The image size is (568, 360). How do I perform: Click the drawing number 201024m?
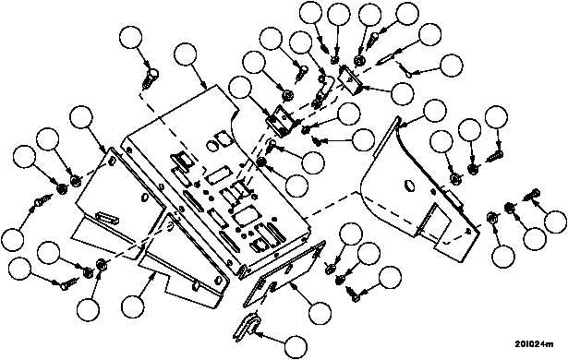[x=534, y=344]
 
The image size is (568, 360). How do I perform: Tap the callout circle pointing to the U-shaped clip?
[x=296, y=347]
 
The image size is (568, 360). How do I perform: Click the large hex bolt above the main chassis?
[x=151, y=78]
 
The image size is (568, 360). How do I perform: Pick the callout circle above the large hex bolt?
[x=131, y=38]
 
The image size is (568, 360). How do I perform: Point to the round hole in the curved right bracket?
[x=408, y=186]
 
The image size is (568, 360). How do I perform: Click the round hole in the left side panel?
[x=144, y=198]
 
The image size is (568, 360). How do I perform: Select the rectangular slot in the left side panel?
[x=107, y=219]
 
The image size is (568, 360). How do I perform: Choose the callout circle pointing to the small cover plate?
[x=320, y=312]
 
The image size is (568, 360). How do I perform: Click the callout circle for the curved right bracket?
[x=435, y=110]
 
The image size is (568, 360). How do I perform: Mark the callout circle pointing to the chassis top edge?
[x=185, y=54]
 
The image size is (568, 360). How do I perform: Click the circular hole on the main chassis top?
[x=211, y=146]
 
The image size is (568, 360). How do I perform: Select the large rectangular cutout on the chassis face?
[x=244, y=217]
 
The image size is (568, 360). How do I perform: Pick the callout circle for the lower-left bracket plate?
[x=133, y=307]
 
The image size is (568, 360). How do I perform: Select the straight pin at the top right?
[x=386, y=59]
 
